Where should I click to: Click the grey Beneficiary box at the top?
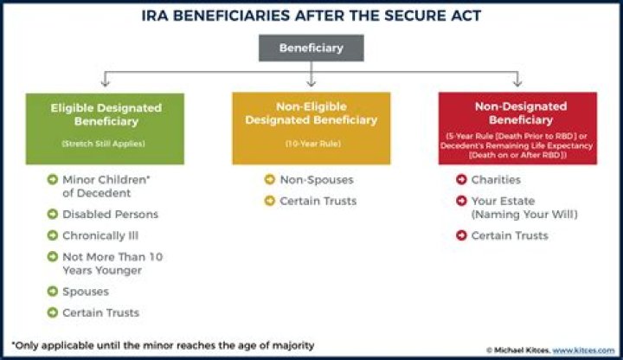[x=311, y=48]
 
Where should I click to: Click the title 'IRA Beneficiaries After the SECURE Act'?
[x=311, y=16]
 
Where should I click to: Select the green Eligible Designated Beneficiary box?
[x=105, y=128]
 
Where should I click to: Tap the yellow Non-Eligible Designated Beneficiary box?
[x=311, y=128]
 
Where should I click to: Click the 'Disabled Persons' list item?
[x=110, y=214]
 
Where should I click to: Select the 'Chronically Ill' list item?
[x=100, y=235]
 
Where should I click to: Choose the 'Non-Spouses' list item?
[x=316, y=180]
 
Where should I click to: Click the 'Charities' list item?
[x=496, y=180]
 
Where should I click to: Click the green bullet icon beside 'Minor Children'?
[x=53, y=180]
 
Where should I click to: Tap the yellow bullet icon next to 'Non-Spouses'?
[x=270, y=180]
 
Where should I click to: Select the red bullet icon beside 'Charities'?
[x=462, y=180]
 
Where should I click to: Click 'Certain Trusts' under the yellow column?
[x=318, y=202]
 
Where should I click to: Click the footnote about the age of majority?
[x=163, y=345]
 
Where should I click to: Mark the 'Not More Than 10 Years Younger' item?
[x=112, y=263]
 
